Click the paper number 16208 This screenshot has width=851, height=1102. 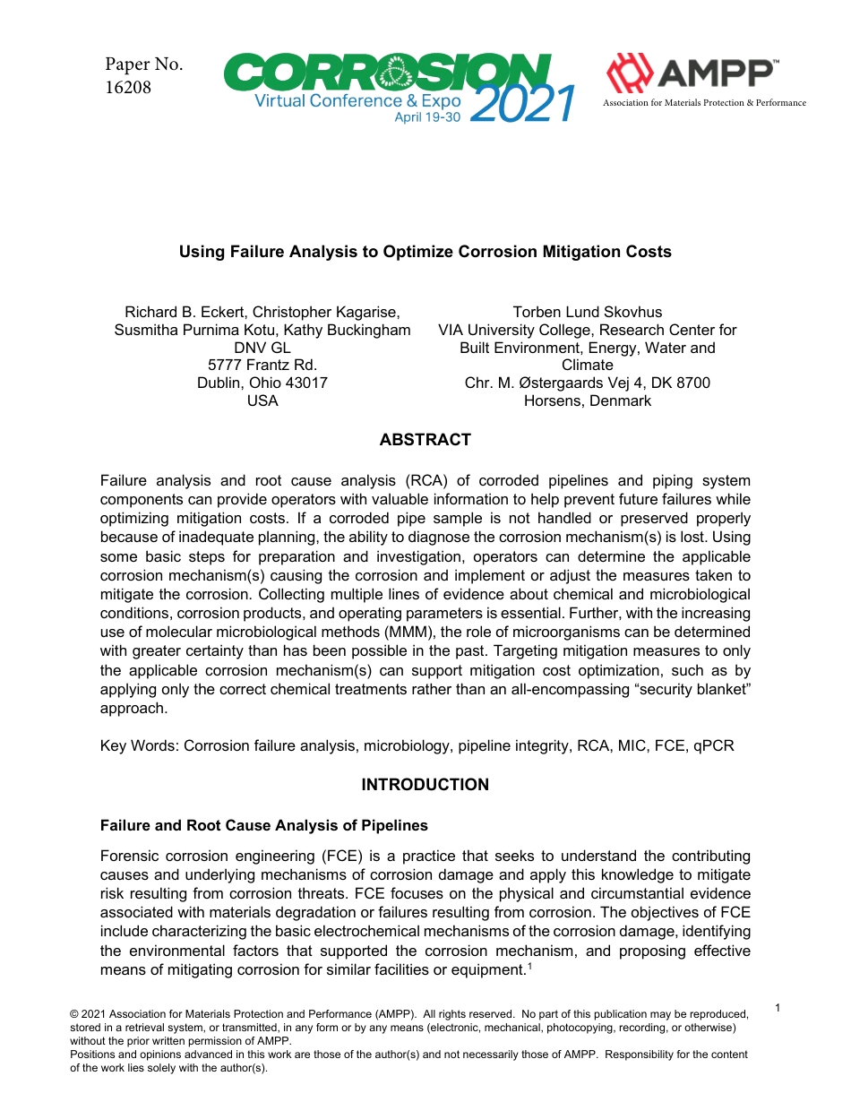point(128,88)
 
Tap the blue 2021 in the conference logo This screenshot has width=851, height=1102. point(521,106)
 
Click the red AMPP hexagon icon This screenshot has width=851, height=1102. point(631,73)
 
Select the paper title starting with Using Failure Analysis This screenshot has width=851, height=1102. point(425,252)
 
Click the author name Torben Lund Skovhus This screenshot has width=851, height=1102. point(587,312)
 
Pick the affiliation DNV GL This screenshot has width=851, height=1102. point(262,348)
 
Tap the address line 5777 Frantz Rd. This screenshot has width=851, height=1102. point(262,366)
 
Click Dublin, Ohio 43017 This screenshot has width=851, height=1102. point(262,383)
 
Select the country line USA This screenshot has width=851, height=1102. point(262,400)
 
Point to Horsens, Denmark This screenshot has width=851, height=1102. point(587,400)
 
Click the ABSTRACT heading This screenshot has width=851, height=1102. point(425,440)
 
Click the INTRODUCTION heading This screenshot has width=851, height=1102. point(425,785)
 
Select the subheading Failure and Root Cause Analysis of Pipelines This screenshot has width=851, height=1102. point(264,825)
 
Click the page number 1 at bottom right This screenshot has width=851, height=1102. point(778,1009)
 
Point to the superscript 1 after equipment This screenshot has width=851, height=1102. point(527,965)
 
